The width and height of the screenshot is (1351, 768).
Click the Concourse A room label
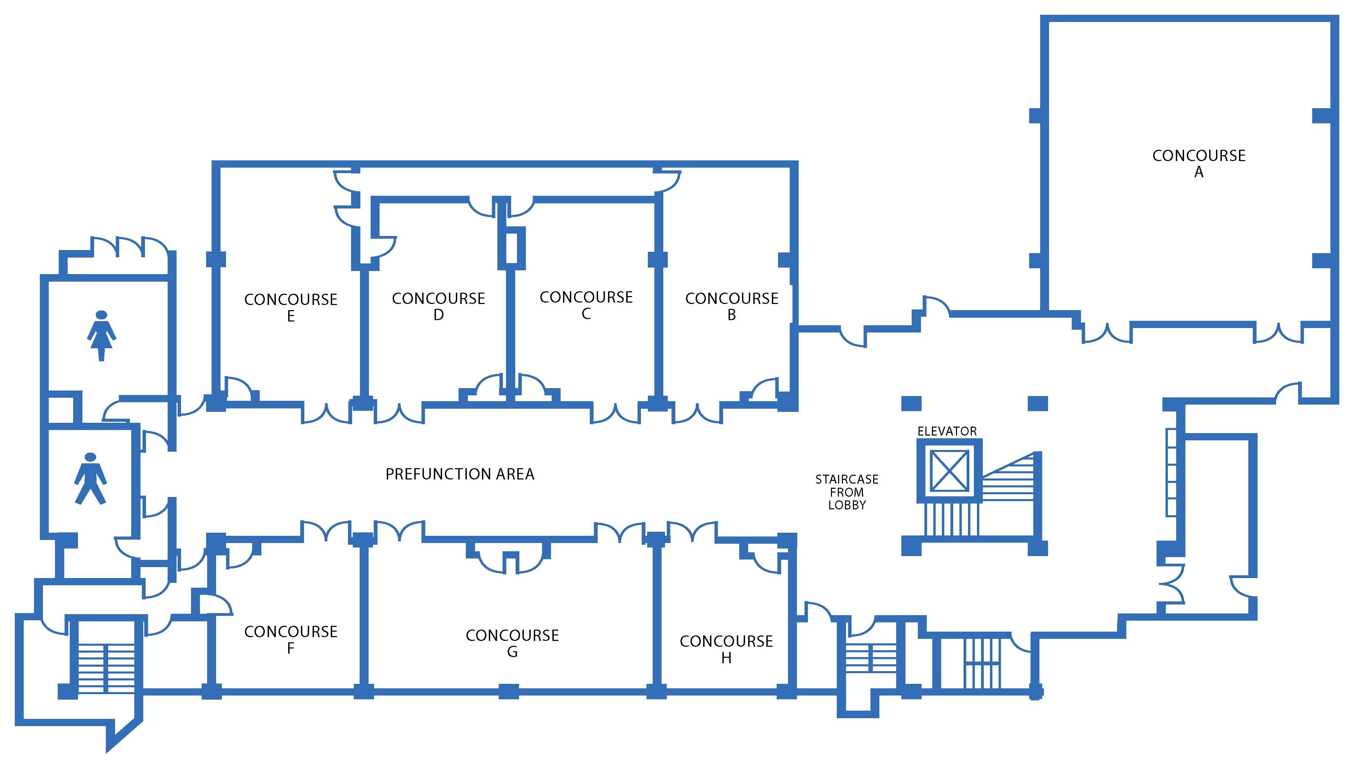pyautogui.click(x=1198, y=163)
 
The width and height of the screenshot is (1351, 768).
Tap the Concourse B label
pyautogui.click(x=731, y=306)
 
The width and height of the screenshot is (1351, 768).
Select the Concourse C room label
pyautogui.click(x=586, y=305)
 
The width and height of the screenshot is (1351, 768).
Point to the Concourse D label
pyautogui.click(x=438, y=306)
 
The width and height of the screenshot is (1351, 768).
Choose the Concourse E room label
pyautogui.click(x=290, y=307)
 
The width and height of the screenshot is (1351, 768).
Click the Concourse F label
pyautogui.click(x=290, y=639)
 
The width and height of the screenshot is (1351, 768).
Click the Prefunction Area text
pyautogui.click(x=460, y=474)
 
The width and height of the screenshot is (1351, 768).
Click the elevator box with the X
pyautogui.click(x=949, y=470)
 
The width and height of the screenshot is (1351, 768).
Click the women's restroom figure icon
pyautogui.click(x=101, y=336)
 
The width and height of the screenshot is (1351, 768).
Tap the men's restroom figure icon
pyautogui.click(x=90, y=478)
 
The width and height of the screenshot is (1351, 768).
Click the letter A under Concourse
pyautogui.click(x=1198, y=172)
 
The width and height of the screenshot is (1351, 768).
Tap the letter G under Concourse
pyautogui.click(x=512, y=652)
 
